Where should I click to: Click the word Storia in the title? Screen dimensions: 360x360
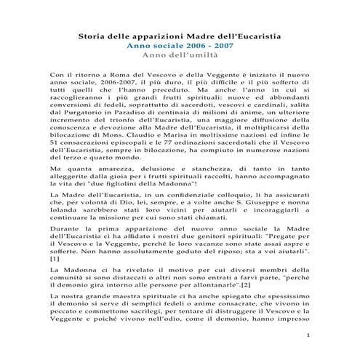coord(91,36)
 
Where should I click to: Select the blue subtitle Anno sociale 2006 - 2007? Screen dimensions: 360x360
coord(180,45)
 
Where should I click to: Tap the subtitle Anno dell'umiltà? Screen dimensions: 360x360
coord(180,55)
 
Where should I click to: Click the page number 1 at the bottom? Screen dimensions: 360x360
coord(308,335)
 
